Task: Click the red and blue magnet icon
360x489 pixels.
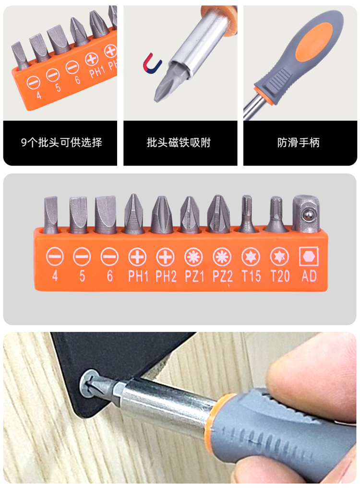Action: click(152, 64)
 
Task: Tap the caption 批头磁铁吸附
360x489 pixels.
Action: click(179, 143)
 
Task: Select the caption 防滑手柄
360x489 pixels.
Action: click(299, 143)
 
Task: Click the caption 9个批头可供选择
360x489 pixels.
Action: click(61, 143)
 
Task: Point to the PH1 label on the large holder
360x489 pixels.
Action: click(138, 276)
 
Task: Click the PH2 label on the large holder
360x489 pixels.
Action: click(166, 276)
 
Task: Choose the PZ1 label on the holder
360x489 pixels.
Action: click(194, 276)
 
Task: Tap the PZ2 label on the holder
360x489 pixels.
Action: click(222, 276)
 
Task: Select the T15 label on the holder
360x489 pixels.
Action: click(251, 276)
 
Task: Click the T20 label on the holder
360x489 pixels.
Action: click(280, 276)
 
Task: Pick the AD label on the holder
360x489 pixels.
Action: click(309, 276)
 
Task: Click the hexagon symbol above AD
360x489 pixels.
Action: click(309, 257)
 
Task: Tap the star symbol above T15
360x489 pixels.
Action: click(251, 257)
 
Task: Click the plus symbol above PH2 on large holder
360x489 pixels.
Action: click(165, 257)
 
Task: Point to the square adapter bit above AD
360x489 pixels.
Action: click(306, 214)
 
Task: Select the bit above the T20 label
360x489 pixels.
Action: click(276, 214)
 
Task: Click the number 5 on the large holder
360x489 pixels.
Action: click(82, 276)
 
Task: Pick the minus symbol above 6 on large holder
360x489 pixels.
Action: click(109, 257)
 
